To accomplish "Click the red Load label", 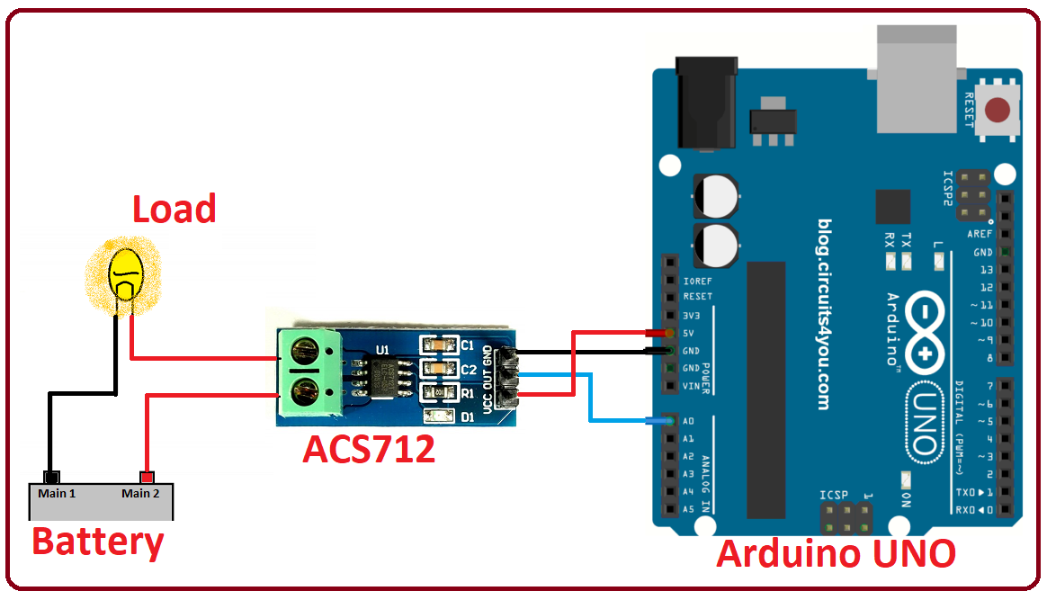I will [x=174, y=209].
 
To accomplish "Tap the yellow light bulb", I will [x=127, y=275].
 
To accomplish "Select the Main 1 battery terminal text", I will [x=57, y=493].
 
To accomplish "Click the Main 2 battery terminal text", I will [x=141, y=493].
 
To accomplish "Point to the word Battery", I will [x=98, y=542].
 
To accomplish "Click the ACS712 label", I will [x=369, y=449].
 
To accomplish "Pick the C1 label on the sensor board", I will [x=467, y=345].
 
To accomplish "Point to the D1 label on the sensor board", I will [x=467, y=416].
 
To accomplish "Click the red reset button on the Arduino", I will [x=997, y=111].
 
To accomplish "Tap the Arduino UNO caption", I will [x=836, y=554].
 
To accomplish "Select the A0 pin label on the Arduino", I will [x=688, y=421].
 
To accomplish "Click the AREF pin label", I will [x=980, y=234].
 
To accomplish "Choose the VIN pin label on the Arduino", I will [x=691, y=386].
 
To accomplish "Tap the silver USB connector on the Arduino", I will [x=915, y=76].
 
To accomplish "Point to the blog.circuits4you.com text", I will [x=824, y=314].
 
